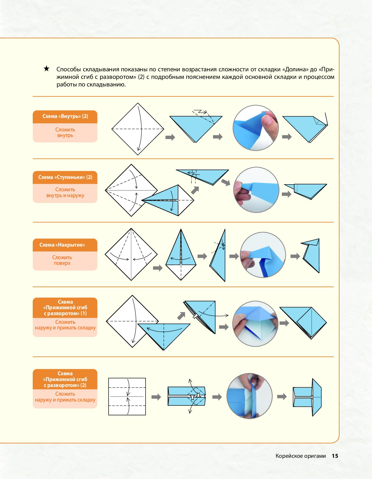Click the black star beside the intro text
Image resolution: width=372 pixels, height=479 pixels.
(x=46, y=69)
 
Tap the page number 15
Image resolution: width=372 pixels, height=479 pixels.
(x=335, y=456)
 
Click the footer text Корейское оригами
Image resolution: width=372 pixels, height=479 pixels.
(x=301, y=456)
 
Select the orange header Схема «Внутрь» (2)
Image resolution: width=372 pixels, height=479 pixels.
(x=65, y=117)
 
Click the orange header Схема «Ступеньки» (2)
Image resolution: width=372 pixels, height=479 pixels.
(x=65, y=177)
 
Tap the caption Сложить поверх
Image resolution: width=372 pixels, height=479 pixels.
(x=62, y=260)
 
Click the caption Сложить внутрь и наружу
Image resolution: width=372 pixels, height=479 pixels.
(x=65, y=192)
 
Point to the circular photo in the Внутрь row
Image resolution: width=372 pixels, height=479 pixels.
(x=256, y=128)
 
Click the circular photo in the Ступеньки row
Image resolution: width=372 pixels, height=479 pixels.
(x=256, y=190)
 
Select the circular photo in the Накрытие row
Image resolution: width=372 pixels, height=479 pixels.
(x=263, y=255)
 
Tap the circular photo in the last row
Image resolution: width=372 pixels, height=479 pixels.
(x=249, y=396)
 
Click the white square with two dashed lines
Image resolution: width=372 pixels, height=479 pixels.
(x=127, y=397)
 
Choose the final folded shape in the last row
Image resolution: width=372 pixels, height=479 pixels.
(x=307, y=397)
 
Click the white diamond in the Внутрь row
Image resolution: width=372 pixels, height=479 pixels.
(x=138, y=129)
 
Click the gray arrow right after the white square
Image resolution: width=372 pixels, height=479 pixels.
(x=156, y=397)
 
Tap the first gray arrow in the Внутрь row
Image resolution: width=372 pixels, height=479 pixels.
(x=170, y=137)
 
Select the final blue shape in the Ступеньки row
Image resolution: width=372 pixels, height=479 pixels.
(x=305, y=191)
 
